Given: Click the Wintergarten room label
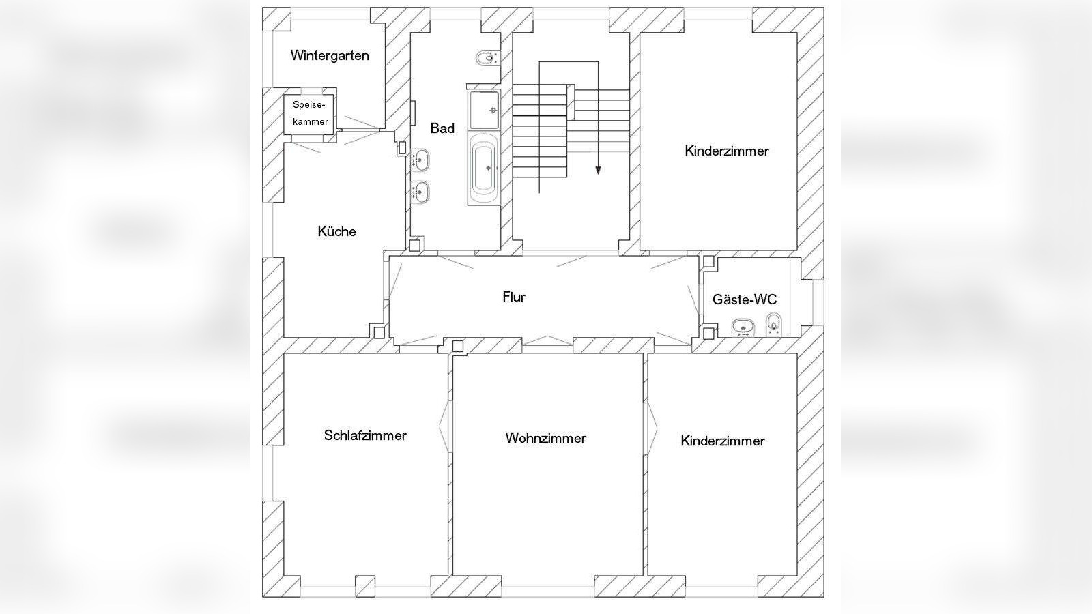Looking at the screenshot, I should [x=329, y=55].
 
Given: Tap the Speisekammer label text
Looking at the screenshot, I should [x=311, y=113].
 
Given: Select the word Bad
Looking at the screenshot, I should [x=442, y=128].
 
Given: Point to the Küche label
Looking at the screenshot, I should [x=336, y=231].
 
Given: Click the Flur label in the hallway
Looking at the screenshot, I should [x=514, y=297].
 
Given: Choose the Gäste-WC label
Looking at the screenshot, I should [x=745, y=299].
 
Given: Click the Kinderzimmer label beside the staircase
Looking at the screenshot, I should [x=727, y=151].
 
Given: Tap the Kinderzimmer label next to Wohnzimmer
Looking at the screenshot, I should [x=723, y=441].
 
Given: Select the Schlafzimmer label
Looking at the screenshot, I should [x=365, y=435].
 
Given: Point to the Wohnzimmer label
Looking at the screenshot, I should [x=545, y=438].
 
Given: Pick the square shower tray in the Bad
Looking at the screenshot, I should [x=484, y=110].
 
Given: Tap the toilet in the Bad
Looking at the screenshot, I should [x=486, y=59].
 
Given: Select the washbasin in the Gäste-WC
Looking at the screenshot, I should [x=742, y=329].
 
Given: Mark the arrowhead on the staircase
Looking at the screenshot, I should [x=598, y=171].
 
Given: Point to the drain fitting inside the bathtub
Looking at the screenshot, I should [x=488, y=167].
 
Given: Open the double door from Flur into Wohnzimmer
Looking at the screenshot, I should [x=547, y=340].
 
